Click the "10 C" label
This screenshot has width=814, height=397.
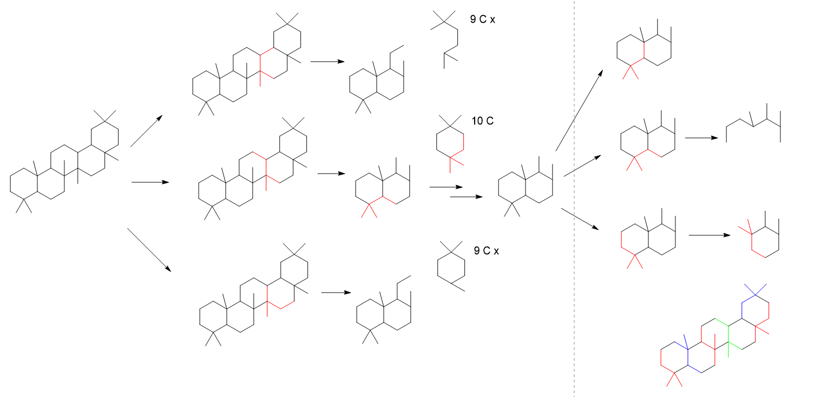point(482,121)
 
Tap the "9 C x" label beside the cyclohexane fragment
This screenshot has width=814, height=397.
point(485,250)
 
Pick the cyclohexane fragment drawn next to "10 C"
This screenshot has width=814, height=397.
point(450,142)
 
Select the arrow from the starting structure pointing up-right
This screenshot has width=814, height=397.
point(146,131)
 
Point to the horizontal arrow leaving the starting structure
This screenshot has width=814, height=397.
point(150,182)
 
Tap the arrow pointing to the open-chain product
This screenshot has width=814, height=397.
point(701,138)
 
